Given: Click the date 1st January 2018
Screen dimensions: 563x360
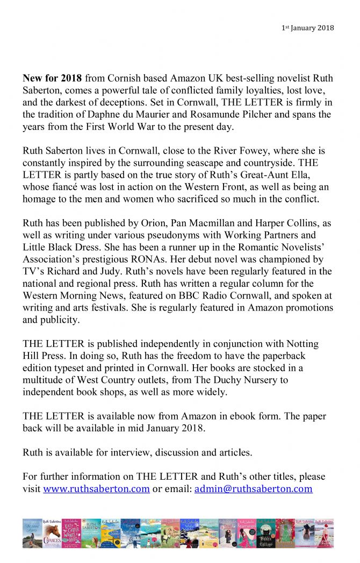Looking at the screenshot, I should (308, 28).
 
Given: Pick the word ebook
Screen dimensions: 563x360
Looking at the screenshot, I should (253, 416).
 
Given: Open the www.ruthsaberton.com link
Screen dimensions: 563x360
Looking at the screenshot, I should (96, 489).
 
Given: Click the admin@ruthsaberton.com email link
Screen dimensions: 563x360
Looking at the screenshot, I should (253, 489).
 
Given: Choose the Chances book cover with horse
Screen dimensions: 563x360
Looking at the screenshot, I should (53, 533).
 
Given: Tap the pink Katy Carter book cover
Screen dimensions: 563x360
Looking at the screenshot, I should (71, 533).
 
